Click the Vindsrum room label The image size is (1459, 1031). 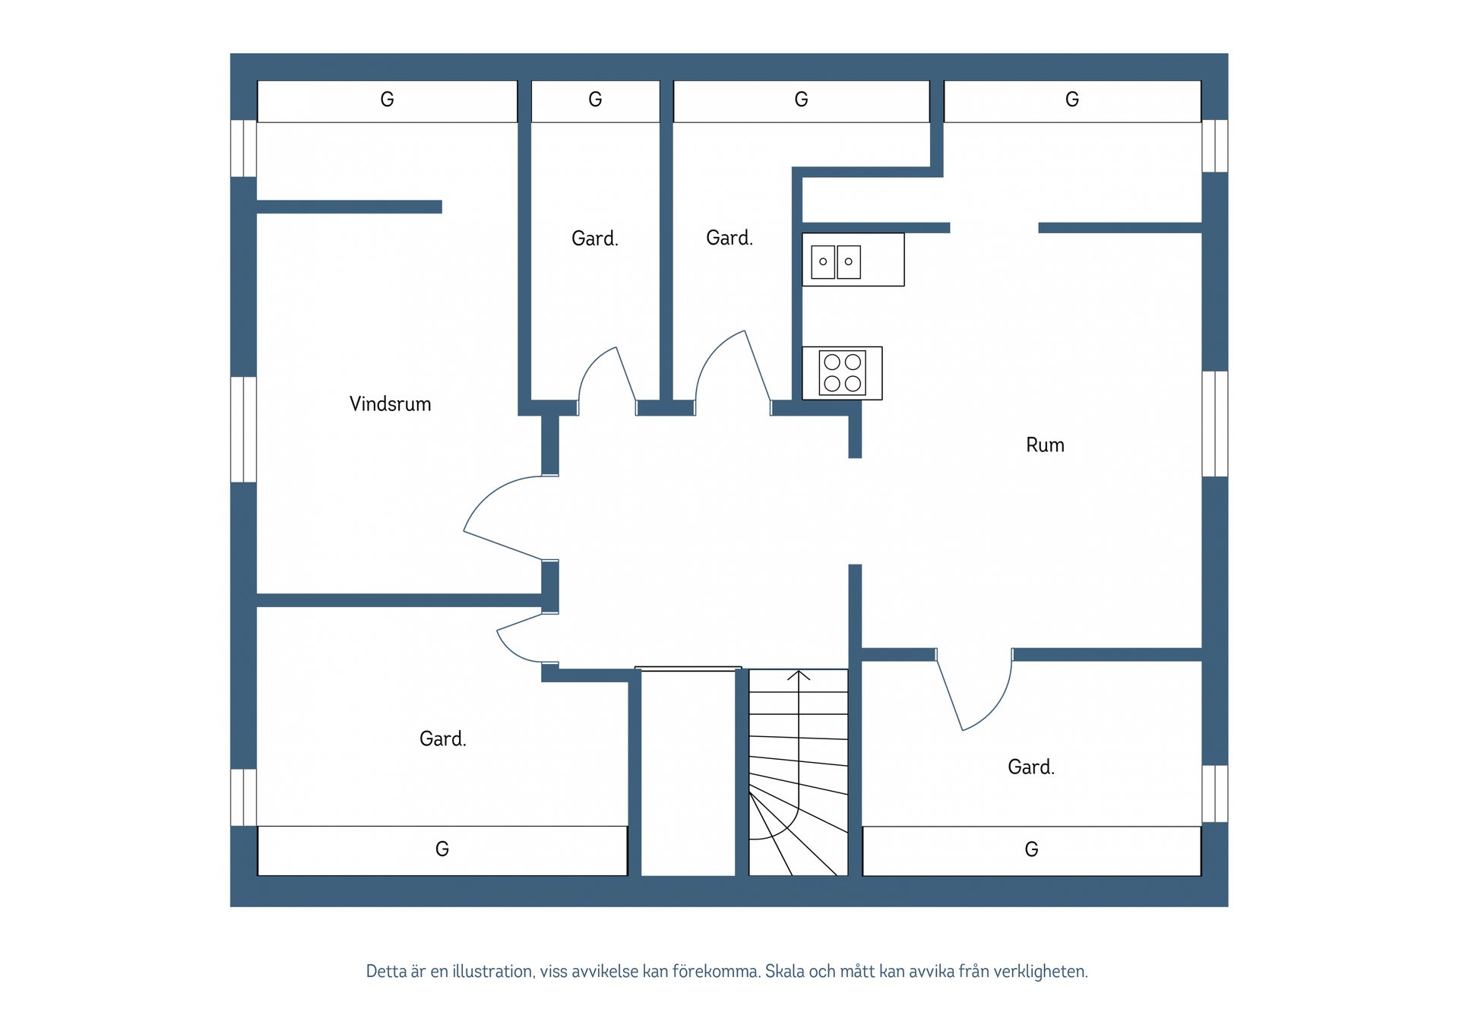390,403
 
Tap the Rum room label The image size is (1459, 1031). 1045,444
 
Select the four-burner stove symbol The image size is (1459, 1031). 842,373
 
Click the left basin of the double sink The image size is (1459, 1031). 823,261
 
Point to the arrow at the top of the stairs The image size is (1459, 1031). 799,675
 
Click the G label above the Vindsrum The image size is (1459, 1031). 387,100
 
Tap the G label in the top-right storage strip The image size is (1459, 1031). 1072,100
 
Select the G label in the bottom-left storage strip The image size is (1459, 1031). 442,849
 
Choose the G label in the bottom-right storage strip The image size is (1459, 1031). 1031,849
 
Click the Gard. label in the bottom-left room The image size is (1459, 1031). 442,738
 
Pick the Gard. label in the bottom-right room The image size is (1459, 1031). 1031,767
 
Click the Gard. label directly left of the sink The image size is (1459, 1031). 729,238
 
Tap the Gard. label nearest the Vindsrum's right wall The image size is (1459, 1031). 595,239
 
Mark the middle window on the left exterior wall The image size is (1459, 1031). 243,429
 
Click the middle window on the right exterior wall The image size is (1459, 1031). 1214,424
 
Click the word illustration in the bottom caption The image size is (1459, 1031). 492,971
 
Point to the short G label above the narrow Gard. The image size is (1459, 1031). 595,100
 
